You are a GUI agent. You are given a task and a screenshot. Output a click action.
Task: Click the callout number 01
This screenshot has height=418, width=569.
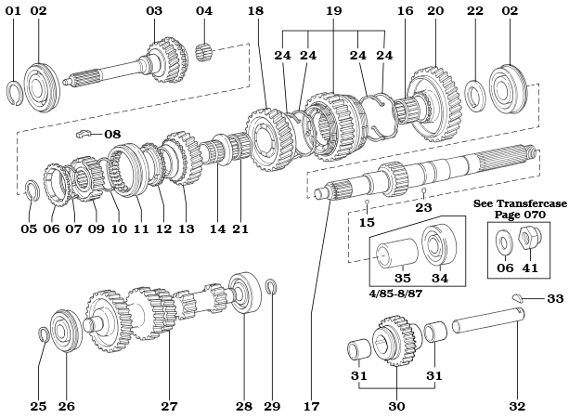tap(13, 11)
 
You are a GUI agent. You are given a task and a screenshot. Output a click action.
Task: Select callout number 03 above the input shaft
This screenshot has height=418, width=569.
tap(154, 11)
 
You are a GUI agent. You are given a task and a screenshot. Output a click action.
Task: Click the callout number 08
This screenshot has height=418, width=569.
tap(112, 135)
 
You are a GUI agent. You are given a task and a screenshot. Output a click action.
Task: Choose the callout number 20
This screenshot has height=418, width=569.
tap(435, 11)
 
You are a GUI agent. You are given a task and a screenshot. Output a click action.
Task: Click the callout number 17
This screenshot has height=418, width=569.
tap(310, 406)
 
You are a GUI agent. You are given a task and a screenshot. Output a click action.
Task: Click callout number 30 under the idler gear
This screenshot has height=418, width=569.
tap(396, 406)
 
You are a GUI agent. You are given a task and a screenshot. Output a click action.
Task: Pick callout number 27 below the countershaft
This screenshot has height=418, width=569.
tap(168, 406)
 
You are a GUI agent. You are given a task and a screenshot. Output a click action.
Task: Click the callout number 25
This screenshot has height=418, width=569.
tap(38, 406)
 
